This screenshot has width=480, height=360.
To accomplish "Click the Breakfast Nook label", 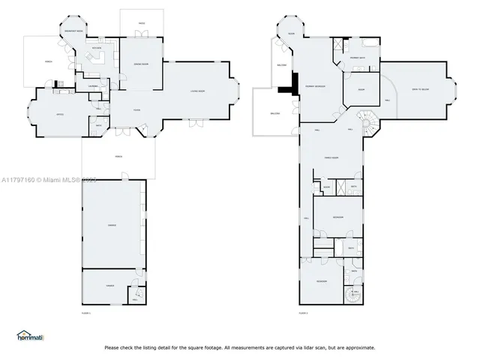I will (73, 31).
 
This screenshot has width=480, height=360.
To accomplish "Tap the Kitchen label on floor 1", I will (96, 49).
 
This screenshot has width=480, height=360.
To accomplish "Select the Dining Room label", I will (140, 64).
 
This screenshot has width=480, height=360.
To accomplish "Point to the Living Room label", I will (198, 91).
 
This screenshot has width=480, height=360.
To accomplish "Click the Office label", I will (58, 114).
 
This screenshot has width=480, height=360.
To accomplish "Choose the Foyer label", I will (136, 109).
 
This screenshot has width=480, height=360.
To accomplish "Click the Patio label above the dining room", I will (141, 24).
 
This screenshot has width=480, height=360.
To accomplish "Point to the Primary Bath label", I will (357, 58).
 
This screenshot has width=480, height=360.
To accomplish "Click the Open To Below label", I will (420, 89).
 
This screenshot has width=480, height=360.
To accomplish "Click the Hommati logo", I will (30, 336).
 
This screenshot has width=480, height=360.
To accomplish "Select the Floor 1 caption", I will (85, 312).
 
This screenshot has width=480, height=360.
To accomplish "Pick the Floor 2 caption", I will (303, 312).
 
